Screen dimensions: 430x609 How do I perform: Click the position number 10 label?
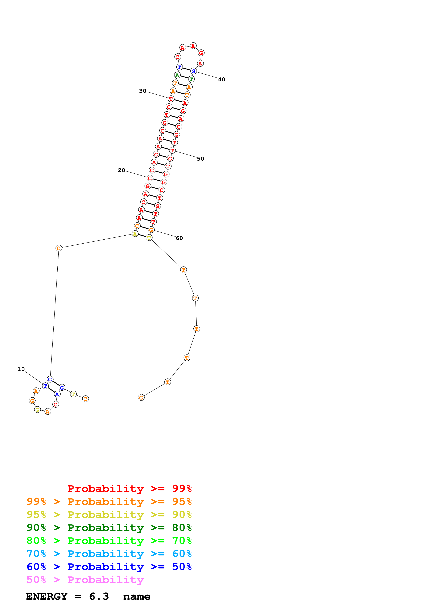tap(21, 369)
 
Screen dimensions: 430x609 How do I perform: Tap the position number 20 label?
tap(121, 170)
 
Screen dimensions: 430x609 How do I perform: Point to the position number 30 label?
tap(143, 91)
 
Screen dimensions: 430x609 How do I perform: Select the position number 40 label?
tap(222, 80)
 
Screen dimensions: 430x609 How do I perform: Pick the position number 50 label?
tap(200, 159)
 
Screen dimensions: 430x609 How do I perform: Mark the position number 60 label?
tap(179, 238)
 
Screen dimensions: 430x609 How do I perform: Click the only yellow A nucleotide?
tap(135, 234)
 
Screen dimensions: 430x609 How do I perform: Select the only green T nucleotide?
tap(191, 79)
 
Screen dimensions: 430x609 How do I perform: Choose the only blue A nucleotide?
tap(57, 394)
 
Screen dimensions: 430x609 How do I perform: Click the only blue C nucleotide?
tap(50, 379)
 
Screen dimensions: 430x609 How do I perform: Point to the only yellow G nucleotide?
tap(37, 410)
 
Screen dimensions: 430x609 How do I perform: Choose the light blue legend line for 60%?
tap(109, 554)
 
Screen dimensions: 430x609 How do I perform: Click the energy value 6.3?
tap(99, 597)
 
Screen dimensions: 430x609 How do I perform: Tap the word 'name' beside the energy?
tap(137, 597)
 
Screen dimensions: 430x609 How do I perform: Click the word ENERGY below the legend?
tap(47, 597)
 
